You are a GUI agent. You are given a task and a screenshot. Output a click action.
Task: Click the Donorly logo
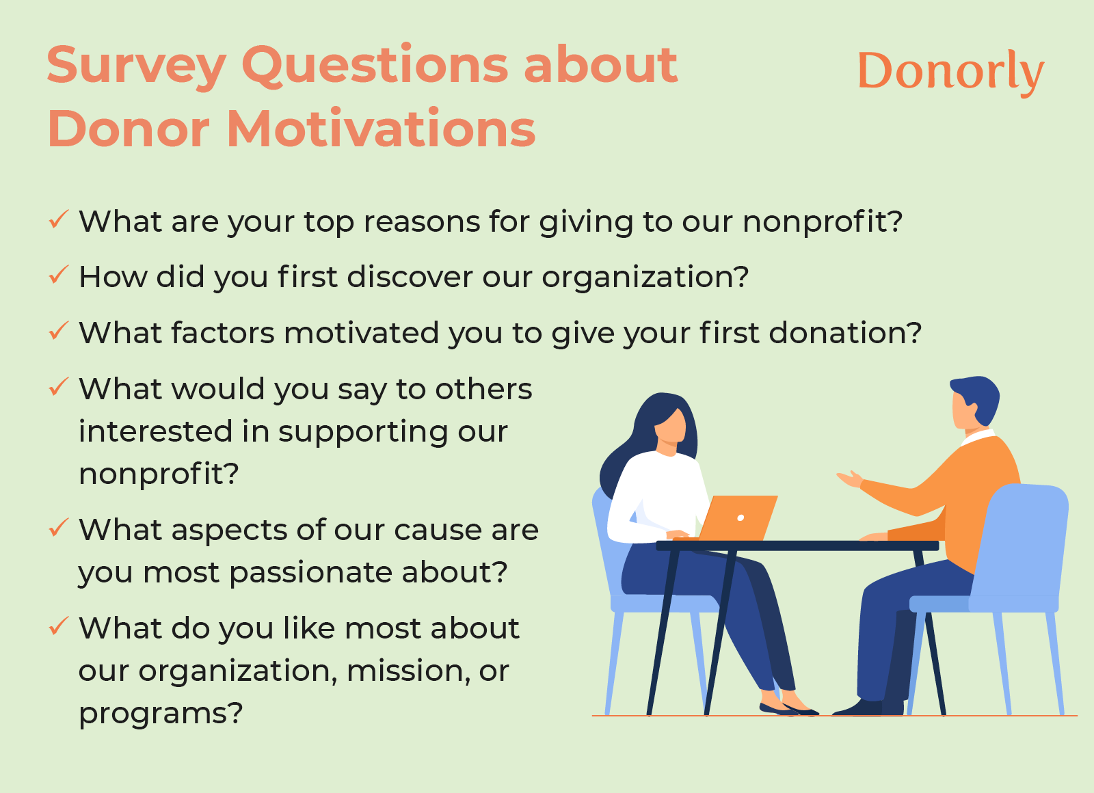[950, 71]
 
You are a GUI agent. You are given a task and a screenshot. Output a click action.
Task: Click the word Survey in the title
[136, 66]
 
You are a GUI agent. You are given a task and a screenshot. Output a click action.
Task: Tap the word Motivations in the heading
[381, 129]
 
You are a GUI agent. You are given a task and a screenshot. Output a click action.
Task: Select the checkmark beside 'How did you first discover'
[58, 275]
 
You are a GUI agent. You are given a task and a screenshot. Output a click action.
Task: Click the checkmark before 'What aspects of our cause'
[58, 528]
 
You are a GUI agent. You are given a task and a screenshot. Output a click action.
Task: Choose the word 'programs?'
[161, 713]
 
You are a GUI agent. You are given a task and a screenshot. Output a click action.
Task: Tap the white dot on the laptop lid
[741, 518]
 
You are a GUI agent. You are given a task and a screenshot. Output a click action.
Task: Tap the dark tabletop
[797, 546]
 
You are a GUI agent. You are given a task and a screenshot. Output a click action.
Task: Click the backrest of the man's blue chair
[1026, 533]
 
